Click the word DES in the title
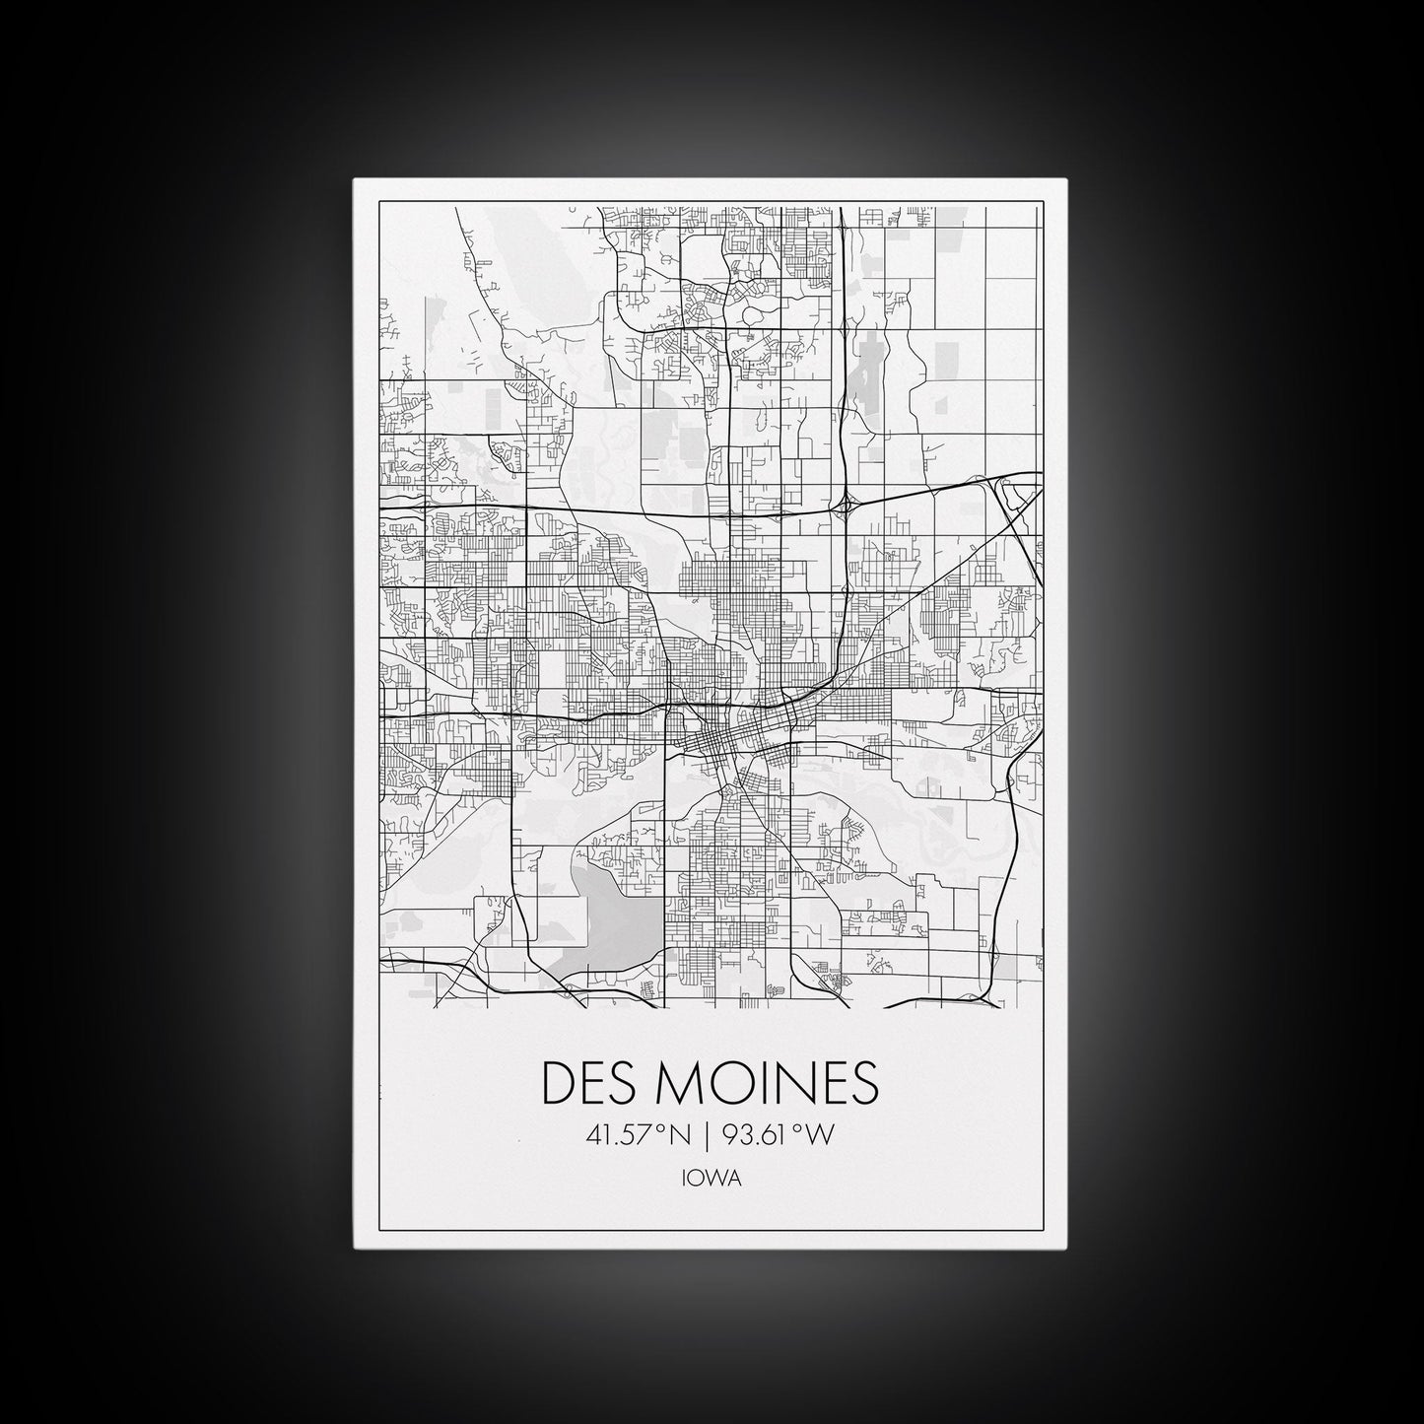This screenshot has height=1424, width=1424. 589,1083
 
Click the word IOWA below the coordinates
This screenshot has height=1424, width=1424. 711,1179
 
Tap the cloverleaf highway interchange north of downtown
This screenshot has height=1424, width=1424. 846,507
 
